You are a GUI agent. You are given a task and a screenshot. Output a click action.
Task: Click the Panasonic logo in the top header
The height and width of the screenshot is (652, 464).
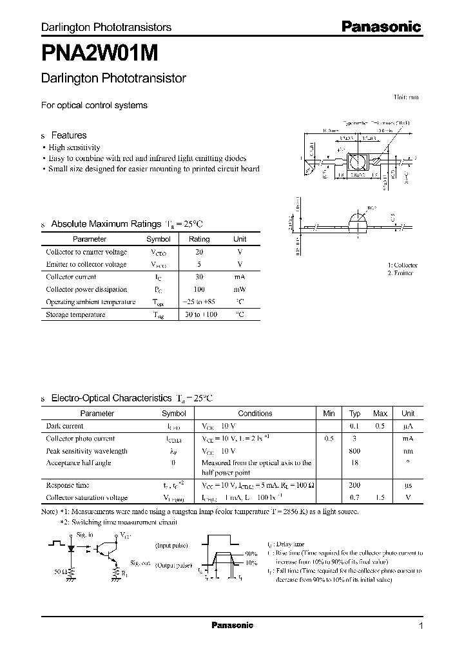[380, 27]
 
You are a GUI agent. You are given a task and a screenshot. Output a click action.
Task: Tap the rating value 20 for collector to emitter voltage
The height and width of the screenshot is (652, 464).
[199, 252]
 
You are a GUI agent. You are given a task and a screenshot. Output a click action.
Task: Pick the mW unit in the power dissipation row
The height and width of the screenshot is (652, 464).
[239, 289]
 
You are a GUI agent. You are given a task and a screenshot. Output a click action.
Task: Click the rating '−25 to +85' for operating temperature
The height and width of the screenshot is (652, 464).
[199, 302]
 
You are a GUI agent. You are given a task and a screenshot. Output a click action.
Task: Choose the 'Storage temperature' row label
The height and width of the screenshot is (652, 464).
[75, 314]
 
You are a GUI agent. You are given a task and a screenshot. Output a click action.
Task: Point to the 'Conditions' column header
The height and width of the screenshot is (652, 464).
[255, 414]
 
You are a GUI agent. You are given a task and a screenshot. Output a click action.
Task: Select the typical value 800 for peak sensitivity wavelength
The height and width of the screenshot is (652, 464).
[354, 451]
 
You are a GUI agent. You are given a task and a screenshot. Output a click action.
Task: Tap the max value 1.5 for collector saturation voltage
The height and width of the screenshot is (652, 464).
[380, 497]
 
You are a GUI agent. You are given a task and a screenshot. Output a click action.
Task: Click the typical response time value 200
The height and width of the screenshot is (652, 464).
[354, 484]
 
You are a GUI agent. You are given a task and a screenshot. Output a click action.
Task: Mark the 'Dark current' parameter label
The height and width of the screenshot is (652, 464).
[64, 426]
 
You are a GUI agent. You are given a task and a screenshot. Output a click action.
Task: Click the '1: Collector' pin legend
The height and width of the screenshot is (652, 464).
[403, 265]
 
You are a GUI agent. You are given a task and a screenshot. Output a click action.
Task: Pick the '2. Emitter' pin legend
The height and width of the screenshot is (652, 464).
[401, 273]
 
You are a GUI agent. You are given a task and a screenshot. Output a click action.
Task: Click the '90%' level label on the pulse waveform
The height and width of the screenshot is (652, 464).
[251, 553]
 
